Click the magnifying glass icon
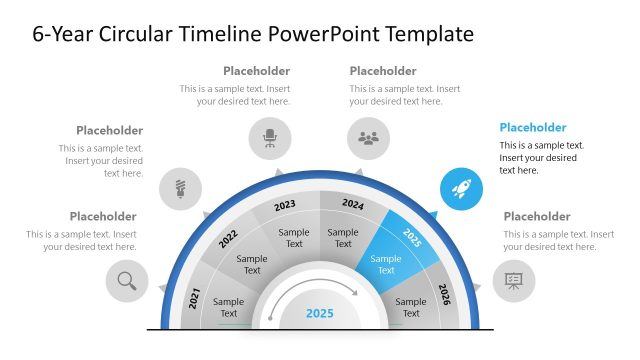(127, 281)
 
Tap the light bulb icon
(181, 188)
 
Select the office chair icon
(270, 138)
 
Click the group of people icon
(369, 138)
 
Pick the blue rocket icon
(462, 188)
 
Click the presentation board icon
(514, 281)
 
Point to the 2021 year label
(195, 296)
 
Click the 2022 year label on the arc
(228, 239)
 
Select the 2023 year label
(285, 205)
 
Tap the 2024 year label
(353, 204)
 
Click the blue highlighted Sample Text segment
(386, 264)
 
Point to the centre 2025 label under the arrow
(320, 313)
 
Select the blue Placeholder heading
(533, 128)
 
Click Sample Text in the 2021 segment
(228, 307)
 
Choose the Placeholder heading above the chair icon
(257, 71)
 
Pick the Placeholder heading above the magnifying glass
(103, 216)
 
